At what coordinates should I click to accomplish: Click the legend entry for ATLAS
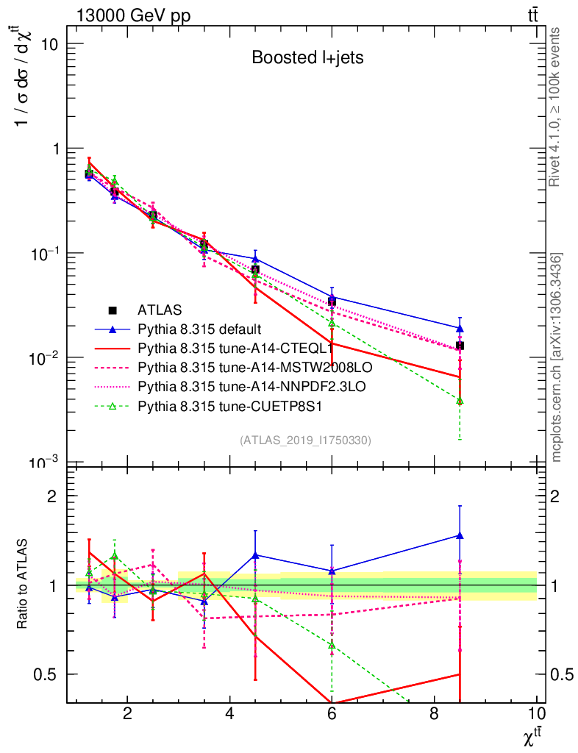tap(160, 310)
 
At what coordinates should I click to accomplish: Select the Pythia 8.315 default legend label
tap(199, 328)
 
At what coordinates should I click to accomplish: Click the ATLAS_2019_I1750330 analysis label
tap(305, 440)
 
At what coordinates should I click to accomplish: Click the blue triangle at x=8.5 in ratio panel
tap(460, 535)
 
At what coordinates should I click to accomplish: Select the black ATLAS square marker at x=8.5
tap(460, 346)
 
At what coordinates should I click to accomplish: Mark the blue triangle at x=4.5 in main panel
tap(255, 259)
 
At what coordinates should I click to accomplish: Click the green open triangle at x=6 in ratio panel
tap(332, 645)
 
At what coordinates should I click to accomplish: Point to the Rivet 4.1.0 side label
tap(555, 107)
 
